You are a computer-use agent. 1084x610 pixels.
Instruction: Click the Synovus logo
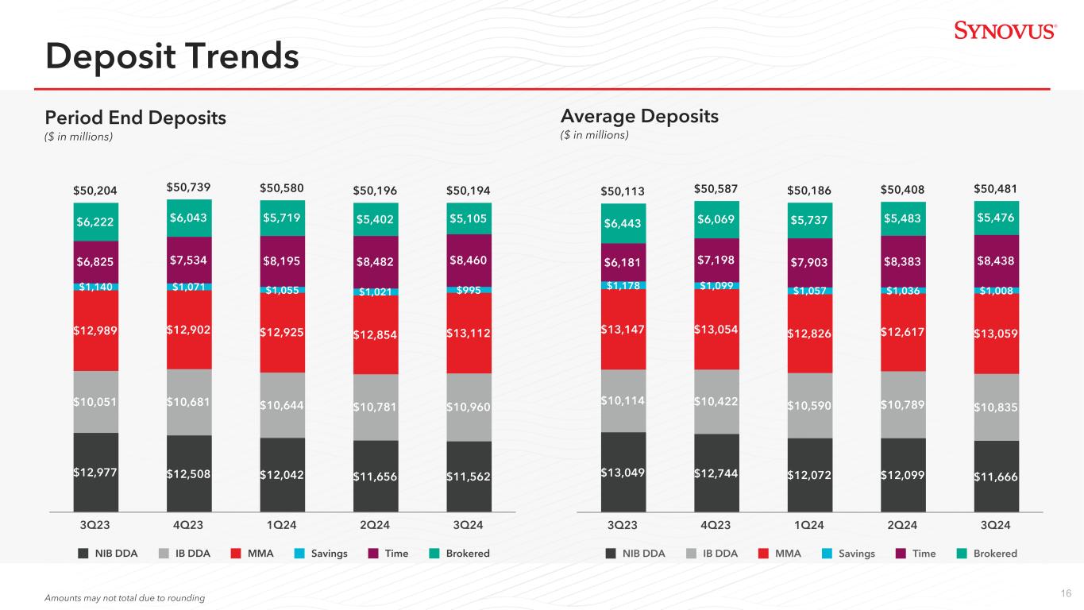(1005, 31)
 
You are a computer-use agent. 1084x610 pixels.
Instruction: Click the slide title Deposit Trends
(172, 56)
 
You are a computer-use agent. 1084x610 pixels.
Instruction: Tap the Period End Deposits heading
(136, 118)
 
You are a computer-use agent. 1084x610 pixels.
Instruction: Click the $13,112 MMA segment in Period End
(469, 333)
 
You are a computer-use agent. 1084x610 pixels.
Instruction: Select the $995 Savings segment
(469, 290)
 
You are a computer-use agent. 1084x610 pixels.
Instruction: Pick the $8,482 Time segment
(376, 261)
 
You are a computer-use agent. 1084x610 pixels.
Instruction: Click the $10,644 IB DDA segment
(282, 406)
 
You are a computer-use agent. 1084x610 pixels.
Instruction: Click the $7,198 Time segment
(716, 261)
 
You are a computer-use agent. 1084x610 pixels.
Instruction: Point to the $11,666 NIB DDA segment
(997, 476)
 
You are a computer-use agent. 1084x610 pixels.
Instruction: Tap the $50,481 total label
(996, 188)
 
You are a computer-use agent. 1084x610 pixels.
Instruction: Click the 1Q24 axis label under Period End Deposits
(282, 525)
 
